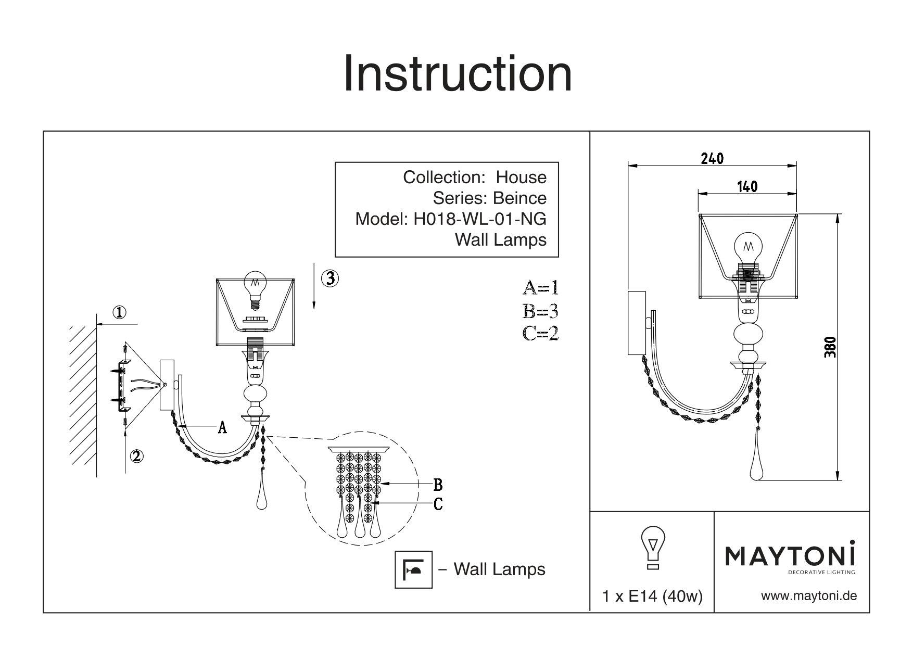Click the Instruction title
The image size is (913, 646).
tap(457, 74)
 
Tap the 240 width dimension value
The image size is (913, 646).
tap(712, 158)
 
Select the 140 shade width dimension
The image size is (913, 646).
tap(747, 186)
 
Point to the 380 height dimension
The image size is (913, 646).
tap(830, 347)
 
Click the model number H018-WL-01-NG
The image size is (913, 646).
tap(479, 219)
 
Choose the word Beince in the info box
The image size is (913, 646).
tap(519, 198)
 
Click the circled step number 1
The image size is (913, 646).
tap(120, 312)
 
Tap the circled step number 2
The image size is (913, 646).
tap(136, 456)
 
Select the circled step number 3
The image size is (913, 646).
tap(330, 278)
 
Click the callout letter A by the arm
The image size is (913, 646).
tap(222, 427)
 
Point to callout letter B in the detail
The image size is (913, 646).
tap(438, 485)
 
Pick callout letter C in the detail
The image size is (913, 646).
tap(438, 504)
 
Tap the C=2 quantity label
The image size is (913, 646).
tap(540, 333)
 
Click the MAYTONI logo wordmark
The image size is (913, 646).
tap(790, 557)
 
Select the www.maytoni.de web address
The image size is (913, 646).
tap(809, 596)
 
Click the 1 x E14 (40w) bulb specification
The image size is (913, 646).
tap(652, 597)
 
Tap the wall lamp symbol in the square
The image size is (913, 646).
tap(414, 569)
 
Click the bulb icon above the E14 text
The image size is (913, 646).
tap(652, 547)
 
